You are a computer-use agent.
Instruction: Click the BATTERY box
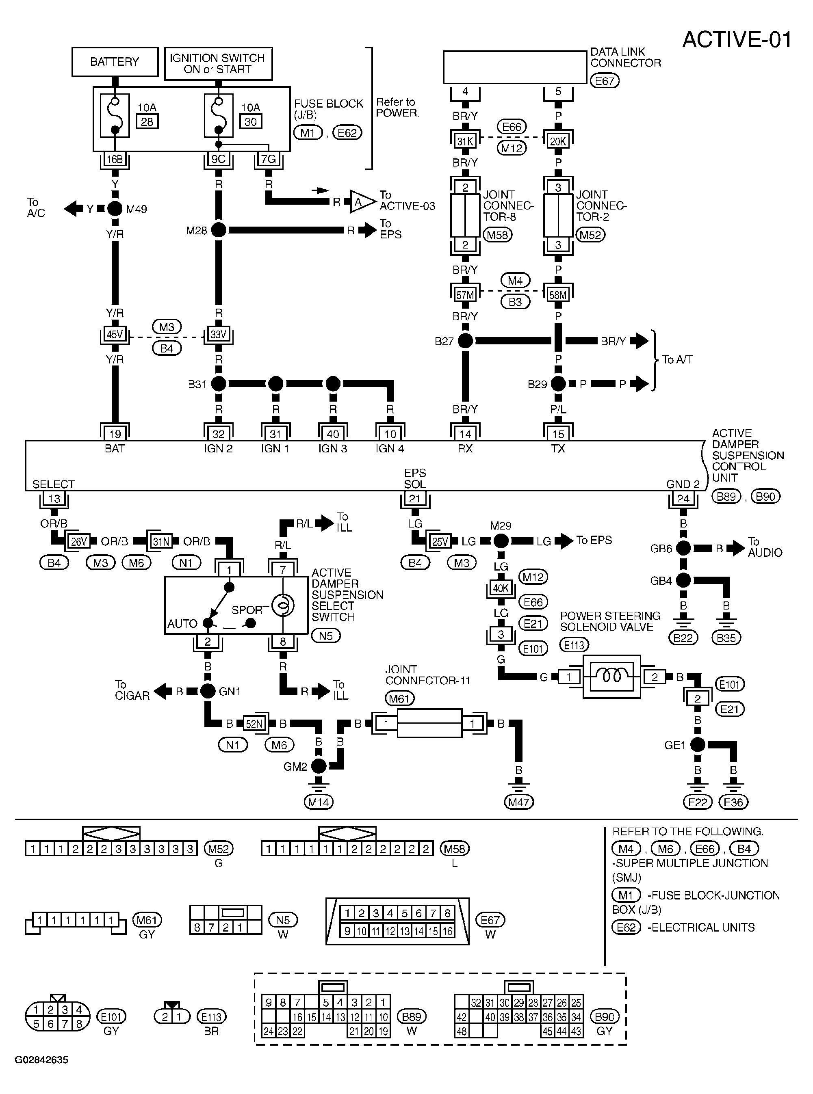pos(115,62)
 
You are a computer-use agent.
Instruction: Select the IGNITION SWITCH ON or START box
pos(218,63)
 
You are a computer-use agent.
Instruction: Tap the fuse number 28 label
pos(147,121)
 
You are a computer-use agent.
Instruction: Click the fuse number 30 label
pos(251,121)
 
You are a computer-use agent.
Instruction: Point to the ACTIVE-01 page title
pos(737,39)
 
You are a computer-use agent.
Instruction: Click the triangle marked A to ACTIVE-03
pos(361,202)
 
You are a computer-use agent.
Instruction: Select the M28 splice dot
pos(219,230)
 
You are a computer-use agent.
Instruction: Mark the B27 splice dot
pos(465,340)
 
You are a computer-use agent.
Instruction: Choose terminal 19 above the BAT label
pos(115,434)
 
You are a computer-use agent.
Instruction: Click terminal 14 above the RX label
pos(465,434)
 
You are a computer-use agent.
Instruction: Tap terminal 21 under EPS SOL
pos(415,498)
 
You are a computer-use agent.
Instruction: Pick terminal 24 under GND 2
pos(683,498)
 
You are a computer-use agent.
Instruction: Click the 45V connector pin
pos(115,335)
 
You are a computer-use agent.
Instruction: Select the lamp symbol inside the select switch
pos(283,605)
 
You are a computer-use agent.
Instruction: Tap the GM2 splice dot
pos(319,766)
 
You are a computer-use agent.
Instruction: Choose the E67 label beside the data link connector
pos(604,81)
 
